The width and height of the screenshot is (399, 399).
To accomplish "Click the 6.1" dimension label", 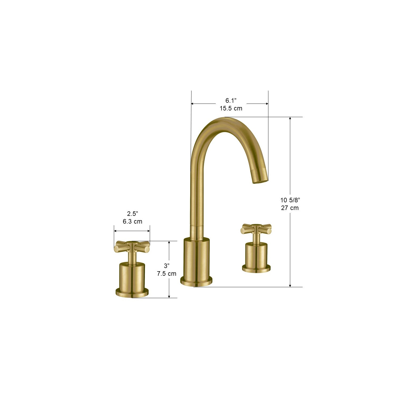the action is click(x=231, y=101).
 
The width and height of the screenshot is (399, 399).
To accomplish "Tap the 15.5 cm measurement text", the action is click(x=231, y=108).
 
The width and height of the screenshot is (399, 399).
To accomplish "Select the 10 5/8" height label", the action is click(x=290, y=200).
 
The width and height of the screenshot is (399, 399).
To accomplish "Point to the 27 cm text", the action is click(x=290, y=208).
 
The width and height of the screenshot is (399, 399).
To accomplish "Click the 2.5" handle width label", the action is click(x=132, y=213).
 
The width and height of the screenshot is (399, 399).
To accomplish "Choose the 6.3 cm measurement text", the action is click(x=132, y=221).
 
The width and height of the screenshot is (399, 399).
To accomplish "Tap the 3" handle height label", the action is click(x=167, y=266).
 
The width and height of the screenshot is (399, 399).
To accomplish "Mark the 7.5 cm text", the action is click(x=167, y=274).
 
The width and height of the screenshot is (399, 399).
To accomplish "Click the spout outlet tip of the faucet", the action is click(x=260, y=181).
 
